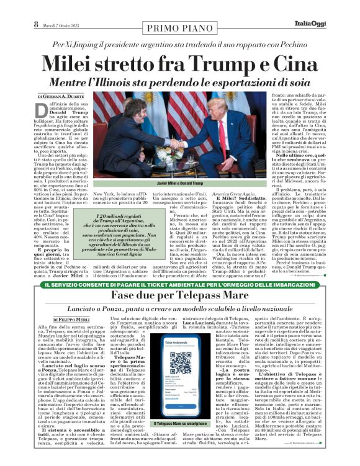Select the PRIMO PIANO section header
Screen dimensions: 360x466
180,27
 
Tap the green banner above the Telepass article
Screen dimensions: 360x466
180,284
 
